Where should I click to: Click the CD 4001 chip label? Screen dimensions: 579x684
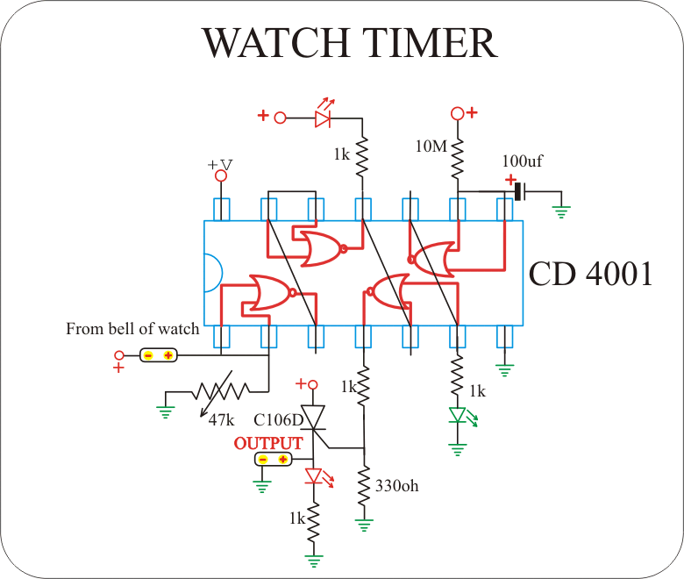[590, 274]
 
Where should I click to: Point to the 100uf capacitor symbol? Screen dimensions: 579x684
[519, 191]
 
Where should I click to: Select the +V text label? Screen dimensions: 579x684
[220, 165]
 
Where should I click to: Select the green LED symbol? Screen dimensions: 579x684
[457, 415]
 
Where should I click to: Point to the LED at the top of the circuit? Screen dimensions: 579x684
[324, 117]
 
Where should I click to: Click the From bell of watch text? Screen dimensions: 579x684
[132, 330]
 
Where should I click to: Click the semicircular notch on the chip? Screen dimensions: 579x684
[211, 273]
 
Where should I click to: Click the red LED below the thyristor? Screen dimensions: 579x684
[314, 477]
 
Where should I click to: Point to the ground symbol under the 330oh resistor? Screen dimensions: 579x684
[364, 525]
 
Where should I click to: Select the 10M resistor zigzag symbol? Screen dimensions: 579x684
[457, 158]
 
